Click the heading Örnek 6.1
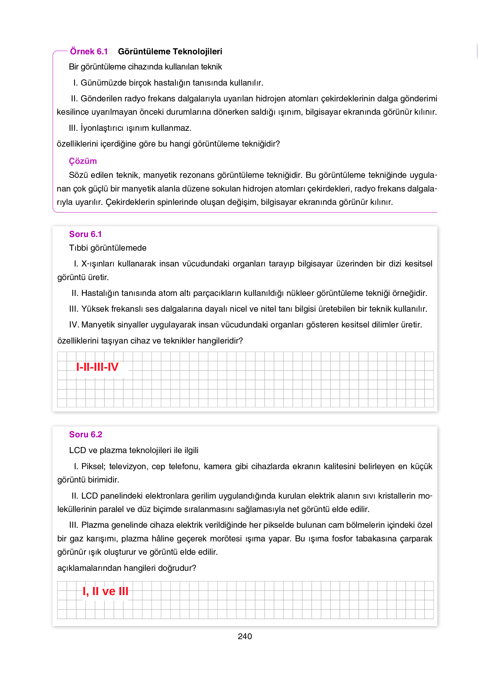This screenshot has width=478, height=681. (x=89, y=52)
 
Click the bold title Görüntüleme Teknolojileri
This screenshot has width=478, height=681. (x=170, y=52)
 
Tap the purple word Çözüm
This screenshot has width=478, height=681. (x=83, y=161)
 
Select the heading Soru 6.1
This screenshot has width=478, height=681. (x=85, y=234)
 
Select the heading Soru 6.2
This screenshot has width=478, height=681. (x=85, y=435)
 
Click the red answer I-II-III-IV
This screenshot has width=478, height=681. (x=97, y=367)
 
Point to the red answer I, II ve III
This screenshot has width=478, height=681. (x=105, y=591)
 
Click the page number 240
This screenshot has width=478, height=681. (x=245, y=636)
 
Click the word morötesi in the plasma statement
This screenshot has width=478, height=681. (x=226, y=539)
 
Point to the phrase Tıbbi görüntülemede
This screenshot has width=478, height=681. (x=107, y=248)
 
